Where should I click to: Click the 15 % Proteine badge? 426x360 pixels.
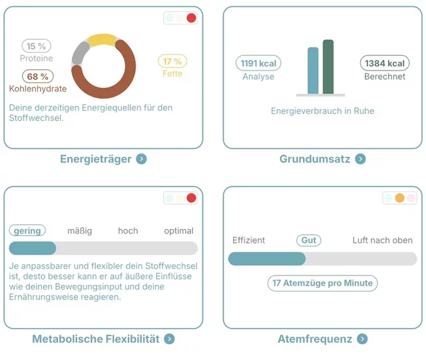coord(37,46)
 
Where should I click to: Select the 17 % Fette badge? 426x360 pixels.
coord(172,61)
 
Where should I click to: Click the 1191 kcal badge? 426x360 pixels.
coord(258,63)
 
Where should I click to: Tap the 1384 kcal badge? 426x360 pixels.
coord(385,63)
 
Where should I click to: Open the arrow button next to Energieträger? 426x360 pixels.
coord(141,159)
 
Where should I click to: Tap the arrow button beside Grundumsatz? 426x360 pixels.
coord(360,159)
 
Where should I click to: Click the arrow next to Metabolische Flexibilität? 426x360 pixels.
coord(170,339)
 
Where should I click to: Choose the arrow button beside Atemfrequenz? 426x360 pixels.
coord(362,339)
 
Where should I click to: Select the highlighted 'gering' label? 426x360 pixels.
coord(27,231)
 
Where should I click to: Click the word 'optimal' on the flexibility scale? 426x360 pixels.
coord(178,231)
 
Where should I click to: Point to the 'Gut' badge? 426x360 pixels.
coord(308,240)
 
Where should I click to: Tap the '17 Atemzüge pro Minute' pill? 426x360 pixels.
coord(323,283)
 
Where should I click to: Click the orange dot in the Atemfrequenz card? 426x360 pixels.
coord(399,198)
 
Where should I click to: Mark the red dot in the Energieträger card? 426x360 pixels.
coord(192,19)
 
